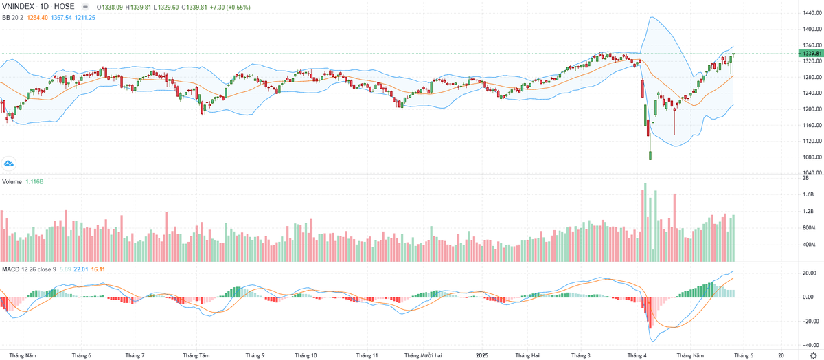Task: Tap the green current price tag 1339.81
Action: pos(809,54)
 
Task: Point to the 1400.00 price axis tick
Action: pos(809,29)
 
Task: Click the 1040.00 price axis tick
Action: pos(809,173)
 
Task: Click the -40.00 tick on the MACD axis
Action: pos(808,345)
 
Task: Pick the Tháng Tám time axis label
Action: pos(196,355)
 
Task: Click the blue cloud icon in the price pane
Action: pos(10,164)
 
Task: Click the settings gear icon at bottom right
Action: pos(813,355)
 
